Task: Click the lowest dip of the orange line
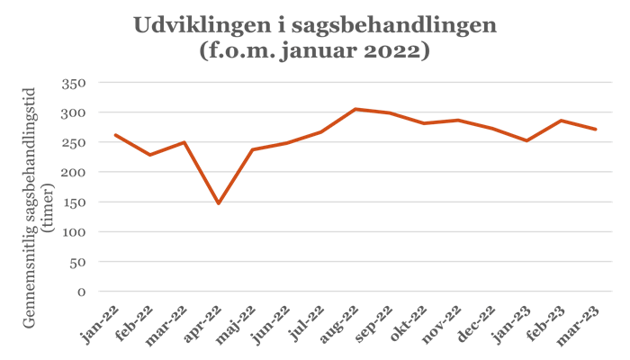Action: click(219, 202)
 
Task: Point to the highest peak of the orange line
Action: click(356, 109)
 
